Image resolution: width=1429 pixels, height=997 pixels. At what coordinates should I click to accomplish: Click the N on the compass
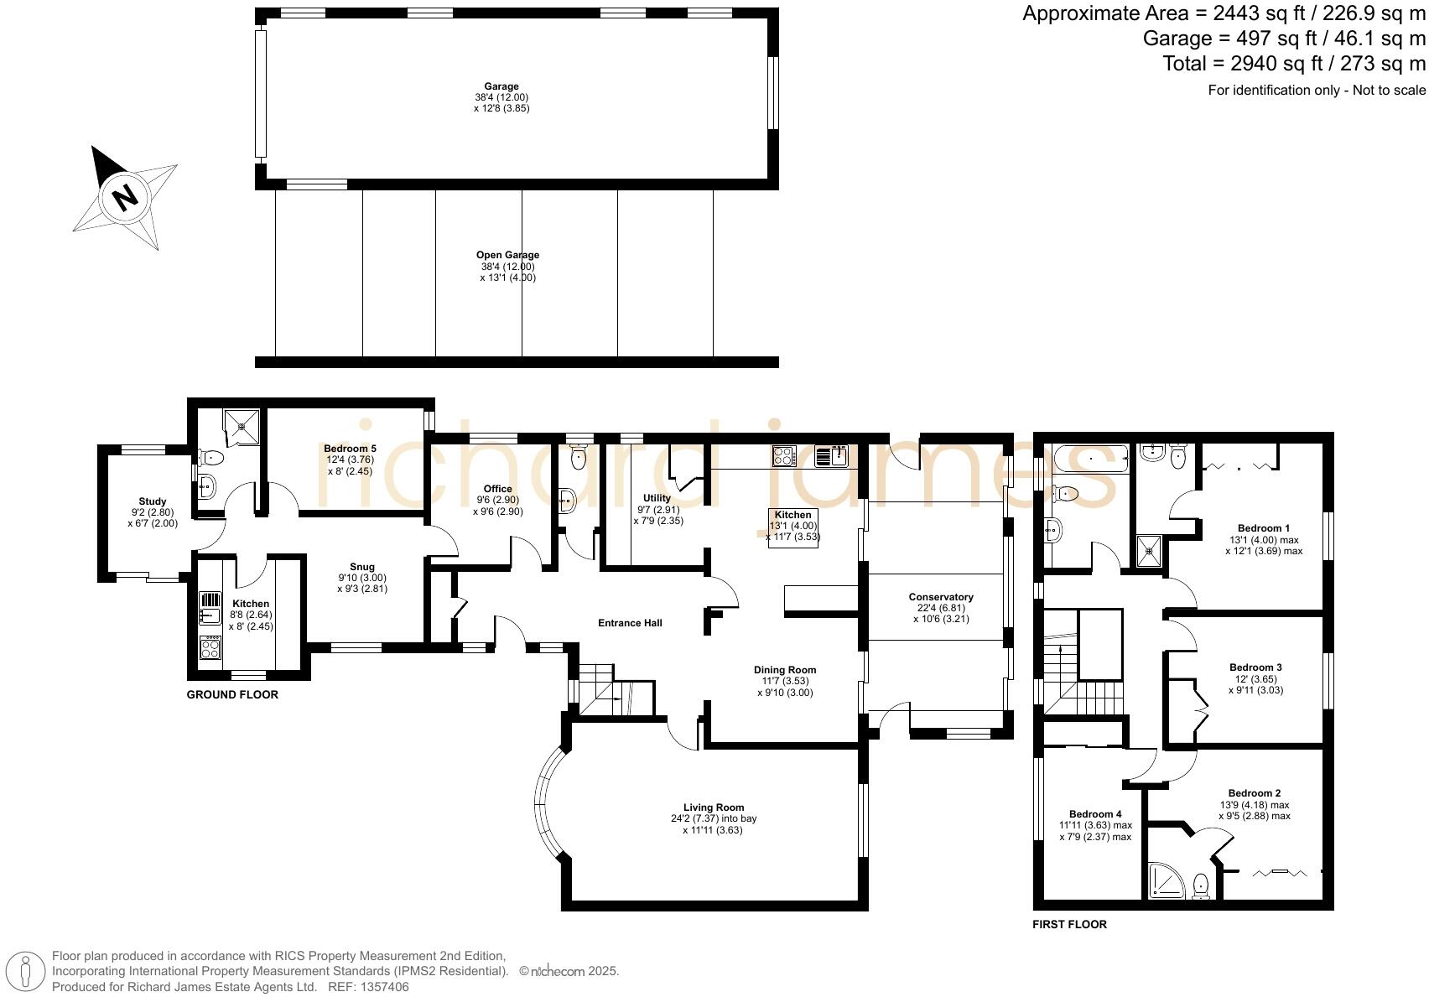[x=125, y=197]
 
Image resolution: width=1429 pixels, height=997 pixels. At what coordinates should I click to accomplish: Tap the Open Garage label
[x=507, y=255]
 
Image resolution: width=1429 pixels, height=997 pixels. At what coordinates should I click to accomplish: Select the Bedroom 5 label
[x=349, y=449]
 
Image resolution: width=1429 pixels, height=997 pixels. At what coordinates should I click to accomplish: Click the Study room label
[x=153, y=501]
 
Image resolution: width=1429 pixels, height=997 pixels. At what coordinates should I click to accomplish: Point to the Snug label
[x=362, y=567]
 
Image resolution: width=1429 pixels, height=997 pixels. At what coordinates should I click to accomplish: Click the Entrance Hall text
[x=630, y=623]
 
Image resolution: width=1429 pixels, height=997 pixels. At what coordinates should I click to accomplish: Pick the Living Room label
[x=713, y=807]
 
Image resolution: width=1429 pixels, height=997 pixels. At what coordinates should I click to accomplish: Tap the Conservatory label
[x=940, y=597]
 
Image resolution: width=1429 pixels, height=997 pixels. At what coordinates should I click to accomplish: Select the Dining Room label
[x=784, y=670]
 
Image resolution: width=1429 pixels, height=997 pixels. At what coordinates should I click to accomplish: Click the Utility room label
[x=657, y=498]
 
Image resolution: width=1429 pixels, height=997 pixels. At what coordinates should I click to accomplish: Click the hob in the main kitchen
[x=783, y=456]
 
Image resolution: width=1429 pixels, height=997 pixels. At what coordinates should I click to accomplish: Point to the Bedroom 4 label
[x=1094, y=814]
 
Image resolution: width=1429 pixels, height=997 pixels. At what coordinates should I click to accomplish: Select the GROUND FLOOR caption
[x=232, y=695]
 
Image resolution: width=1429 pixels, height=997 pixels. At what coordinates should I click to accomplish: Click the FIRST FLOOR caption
[x=1069, y=925]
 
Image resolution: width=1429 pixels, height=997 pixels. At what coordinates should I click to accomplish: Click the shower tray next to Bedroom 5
[x=241, y=427]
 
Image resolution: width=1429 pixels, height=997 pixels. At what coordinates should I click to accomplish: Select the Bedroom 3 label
[x=1254, y=667]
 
